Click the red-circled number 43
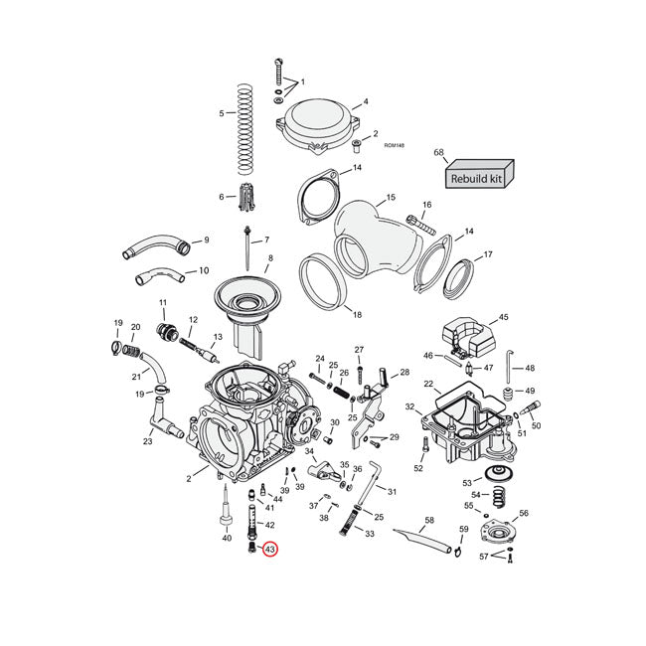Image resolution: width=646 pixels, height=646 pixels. [269, 549]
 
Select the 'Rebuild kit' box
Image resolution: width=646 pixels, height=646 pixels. [477, 178]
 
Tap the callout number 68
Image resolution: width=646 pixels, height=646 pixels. [438, 153]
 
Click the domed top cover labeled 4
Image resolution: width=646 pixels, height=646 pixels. [316, 124]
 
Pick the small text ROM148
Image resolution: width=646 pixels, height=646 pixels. [394, 145]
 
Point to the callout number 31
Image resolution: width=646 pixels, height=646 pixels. [392, 491]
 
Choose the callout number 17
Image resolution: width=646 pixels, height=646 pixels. [487, 255]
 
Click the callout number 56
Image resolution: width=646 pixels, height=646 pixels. [524, 513]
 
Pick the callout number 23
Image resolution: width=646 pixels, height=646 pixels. [147, 442]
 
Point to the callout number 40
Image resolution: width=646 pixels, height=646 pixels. [226, 539]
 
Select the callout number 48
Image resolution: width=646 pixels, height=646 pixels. [530, 368]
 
